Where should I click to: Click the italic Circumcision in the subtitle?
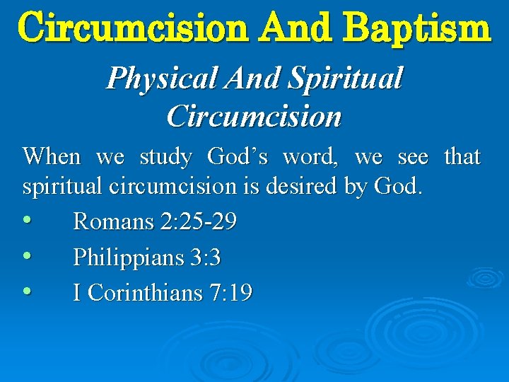click(254, 115)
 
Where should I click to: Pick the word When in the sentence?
click(52, 156)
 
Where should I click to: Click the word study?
click(165, 156)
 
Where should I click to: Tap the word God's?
click(238, 156)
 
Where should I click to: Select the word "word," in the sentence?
click(309, 156)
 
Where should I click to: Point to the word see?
click(413, 156)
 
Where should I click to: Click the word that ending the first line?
click(462, 156)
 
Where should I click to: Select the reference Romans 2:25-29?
click(155, 222)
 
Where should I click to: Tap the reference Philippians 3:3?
click(147, 257)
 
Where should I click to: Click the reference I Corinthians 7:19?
click(163, 292)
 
